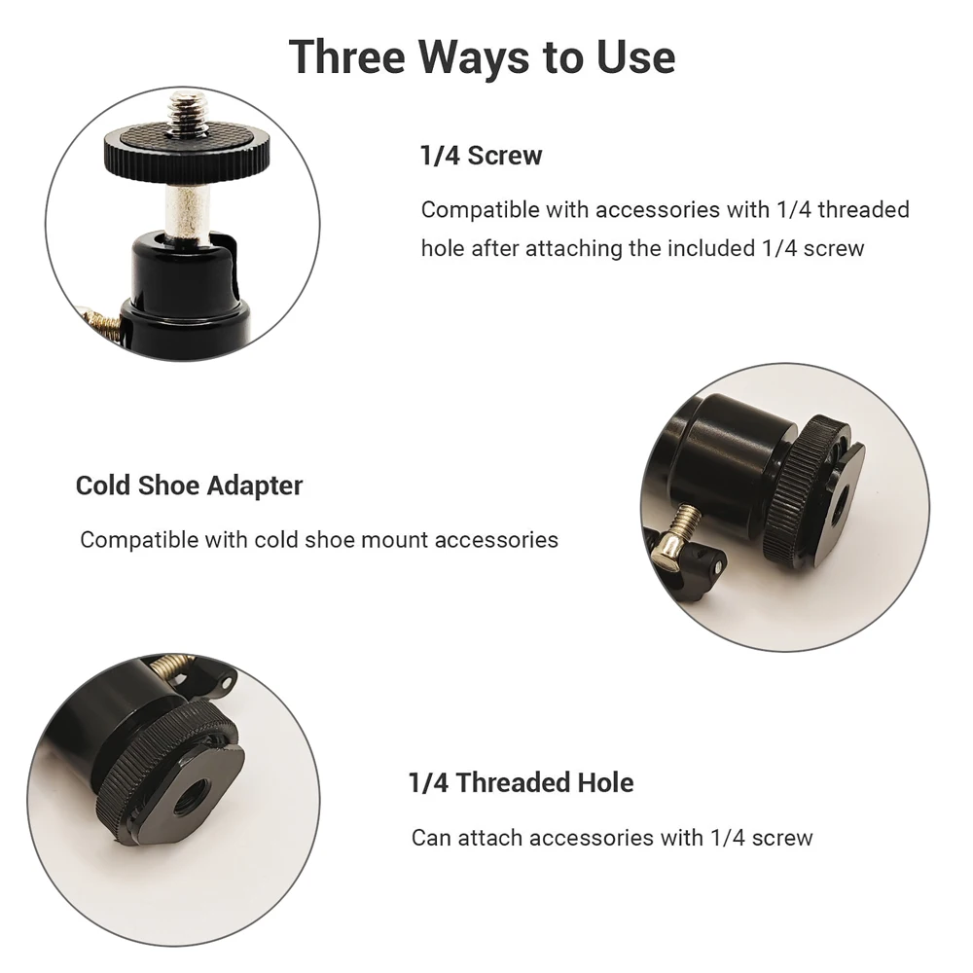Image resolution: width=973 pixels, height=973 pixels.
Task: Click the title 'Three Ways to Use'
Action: (x=482, y=56)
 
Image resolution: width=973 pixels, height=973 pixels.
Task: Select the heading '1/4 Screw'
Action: (x=481, y=156)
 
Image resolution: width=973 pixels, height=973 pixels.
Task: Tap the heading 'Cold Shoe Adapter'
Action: (x=189, y=486)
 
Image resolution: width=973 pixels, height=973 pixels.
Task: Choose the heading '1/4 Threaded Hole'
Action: (x=521, y=782)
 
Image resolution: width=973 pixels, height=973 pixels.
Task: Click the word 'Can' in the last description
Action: (x=430, y=837)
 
